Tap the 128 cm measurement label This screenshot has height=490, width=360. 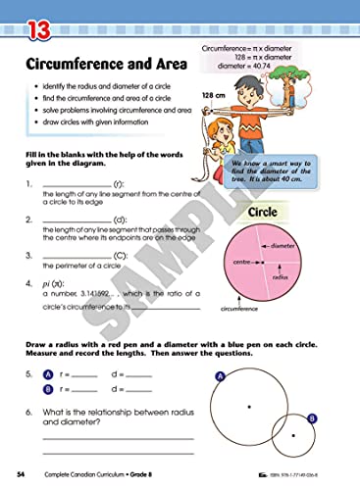214,95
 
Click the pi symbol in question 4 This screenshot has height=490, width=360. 46,283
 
